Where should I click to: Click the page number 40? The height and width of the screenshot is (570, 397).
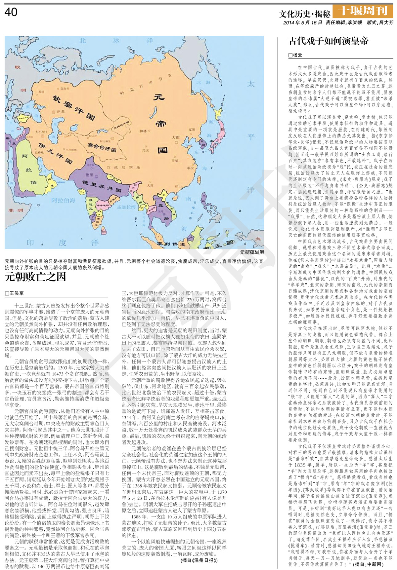coord(11,12)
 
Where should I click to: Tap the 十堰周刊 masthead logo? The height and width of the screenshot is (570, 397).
coord(363,11)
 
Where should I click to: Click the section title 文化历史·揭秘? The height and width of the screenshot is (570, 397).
coord(304,14)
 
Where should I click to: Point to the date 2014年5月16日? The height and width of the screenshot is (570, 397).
coord(302,22)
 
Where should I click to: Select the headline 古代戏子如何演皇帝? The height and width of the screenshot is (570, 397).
coord(328,41)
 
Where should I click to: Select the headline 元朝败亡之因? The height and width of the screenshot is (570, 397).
coord(36,277)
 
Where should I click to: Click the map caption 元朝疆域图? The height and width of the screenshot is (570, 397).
coord(252,252)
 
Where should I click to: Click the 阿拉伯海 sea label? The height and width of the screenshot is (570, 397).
coord(63,200)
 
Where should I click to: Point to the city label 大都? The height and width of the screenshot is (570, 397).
coord(176,137)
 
